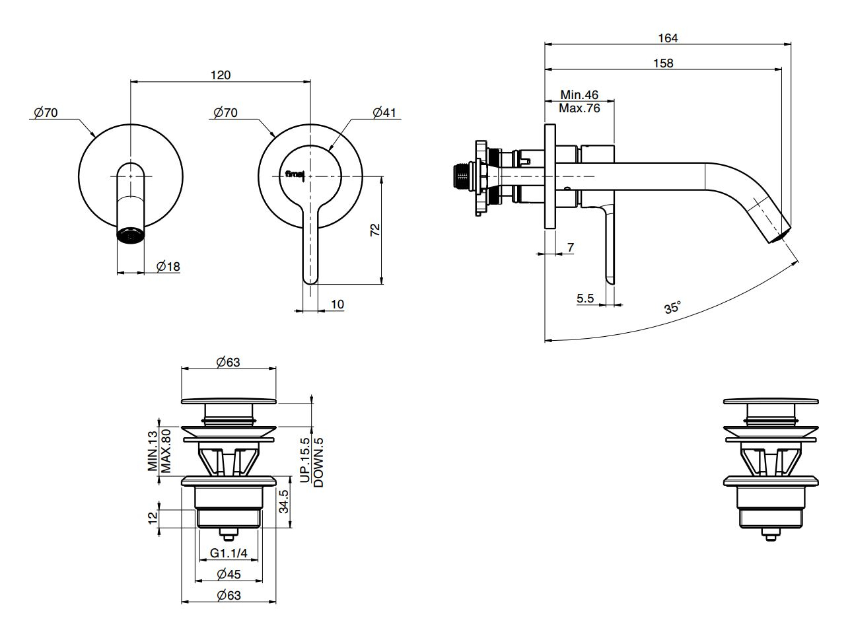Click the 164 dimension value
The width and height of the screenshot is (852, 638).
[668, 38]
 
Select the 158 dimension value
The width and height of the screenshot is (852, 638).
[663, 63]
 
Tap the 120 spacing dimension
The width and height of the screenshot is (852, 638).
[221, 75]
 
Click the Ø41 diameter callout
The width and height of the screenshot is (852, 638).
[384, 113]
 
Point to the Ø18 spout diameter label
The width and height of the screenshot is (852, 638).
[168, 266]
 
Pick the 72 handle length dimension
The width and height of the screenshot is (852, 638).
[375, 230]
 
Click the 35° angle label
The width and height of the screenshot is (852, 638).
[673, 308]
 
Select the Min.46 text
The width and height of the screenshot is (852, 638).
[579, 94]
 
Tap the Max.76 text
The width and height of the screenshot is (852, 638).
[579, 108]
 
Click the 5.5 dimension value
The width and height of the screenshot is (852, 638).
[585, 299]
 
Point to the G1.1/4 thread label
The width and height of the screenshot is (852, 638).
[229, 553]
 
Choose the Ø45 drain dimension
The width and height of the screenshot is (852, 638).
[229, 574]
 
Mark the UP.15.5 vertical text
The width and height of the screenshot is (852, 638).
[304, 460]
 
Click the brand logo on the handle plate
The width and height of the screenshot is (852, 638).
[295, 174]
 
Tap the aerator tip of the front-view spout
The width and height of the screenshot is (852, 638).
[130, 235]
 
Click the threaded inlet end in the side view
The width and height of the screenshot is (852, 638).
[460, 176]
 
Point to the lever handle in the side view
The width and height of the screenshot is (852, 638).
[609, 244]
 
